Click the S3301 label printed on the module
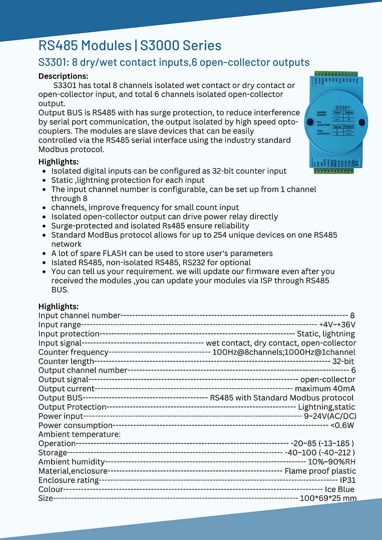point(342,107)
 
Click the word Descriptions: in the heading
point(63,76)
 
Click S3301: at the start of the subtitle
point(54,63)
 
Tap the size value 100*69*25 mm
point(328,498)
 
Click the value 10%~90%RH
point(331,462)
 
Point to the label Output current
point(67,388)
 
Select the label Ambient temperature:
point(80,434)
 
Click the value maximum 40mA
point(325,388)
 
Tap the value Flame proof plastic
point(320,471)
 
